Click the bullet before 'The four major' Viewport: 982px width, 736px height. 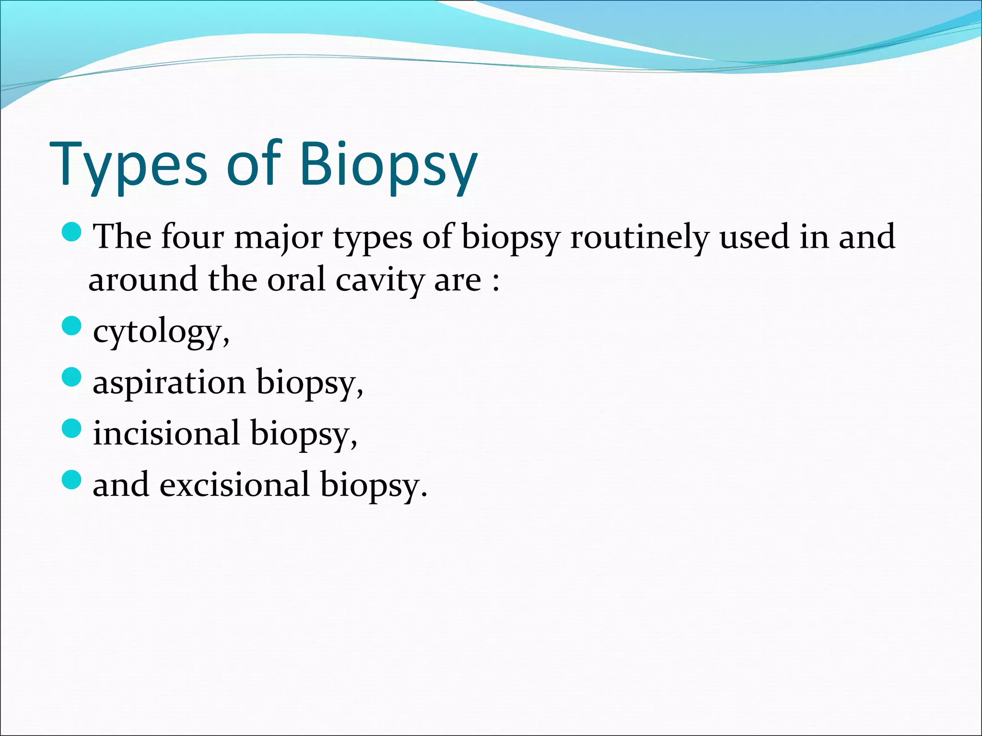click(72, 232)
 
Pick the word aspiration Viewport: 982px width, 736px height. click(169, 383)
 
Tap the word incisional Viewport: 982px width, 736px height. click(166, 433)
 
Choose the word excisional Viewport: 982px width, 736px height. click(234, 484)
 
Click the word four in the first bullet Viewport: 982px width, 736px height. click(192, 237)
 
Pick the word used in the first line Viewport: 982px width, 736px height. click(755, 237)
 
